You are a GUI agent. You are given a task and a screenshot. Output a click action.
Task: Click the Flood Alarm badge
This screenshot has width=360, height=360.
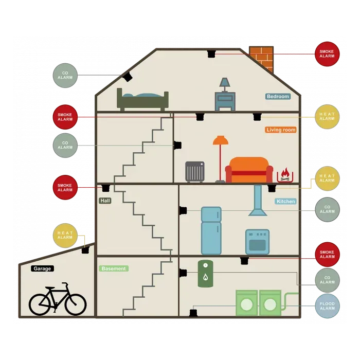tap(327, 306)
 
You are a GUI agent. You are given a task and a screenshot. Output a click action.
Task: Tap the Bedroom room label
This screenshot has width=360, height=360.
tap(278, 96)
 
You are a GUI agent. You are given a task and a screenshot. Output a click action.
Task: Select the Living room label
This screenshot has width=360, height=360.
tap(281, 130)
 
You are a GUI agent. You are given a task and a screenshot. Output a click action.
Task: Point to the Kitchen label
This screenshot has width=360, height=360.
tap(285, 201)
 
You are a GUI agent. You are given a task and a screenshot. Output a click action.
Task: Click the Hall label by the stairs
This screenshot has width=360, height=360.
tap(105, 201)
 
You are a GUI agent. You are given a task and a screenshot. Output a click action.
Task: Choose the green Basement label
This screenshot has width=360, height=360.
tap(114, 268)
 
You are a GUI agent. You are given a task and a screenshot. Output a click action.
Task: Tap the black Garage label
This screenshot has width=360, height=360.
tap(42, 268)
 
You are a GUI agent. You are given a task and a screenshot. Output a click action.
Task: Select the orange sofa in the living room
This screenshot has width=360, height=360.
tap(249, 170)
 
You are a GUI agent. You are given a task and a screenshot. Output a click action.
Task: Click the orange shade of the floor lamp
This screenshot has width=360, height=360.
tap(221, 140)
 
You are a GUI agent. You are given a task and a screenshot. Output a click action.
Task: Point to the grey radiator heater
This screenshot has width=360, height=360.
tap(195, 171)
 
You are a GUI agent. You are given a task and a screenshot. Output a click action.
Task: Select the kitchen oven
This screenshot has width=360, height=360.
tap(257, 242)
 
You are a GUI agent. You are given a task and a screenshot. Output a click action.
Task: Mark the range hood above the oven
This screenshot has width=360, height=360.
tap(257, 202)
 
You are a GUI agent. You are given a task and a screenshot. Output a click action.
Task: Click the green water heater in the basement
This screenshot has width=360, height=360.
tap(205, 273)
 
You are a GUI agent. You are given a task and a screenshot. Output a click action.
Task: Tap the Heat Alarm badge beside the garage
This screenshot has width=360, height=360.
tap(65, 236)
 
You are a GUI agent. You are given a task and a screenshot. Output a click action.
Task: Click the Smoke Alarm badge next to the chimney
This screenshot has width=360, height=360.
tap(327, 54)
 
